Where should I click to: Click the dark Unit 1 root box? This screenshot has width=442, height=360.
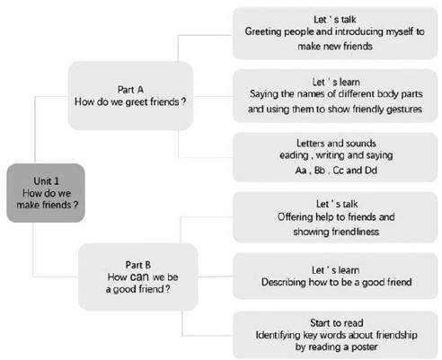[x=46, y=193]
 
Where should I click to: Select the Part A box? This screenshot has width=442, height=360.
[x=130, y=95]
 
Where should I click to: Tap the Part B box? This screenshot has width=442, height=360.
[x=138, y=277]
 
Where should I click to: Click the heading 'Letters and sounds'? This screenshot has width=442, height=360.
[x=336, y=143]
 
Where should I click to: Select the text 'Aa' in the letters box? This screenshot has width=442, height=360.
[x=301, y=171]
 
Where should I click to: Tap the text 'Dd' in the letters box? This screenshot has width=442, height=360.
[x=370, y=171]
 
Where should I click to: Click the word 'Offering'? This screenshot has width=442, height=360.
[x=295, y=217]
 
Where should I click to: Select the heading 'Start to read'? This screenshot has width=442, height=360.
[x=337, y=323]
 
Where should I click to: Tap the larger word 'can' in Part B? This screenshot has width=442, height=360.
[x=139, y=277]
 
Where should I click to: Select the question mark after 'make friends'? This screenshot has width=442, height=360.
[x=75, y=205]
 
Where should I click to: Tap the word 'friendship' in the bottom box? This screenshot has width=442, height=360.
[x=397, y=335]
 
